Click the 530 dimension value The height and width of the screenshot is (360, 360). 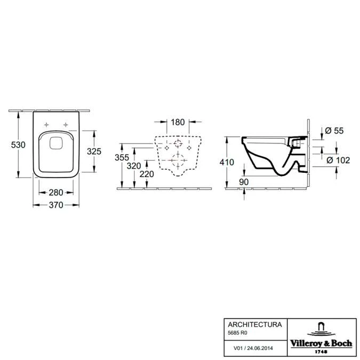pos(18,145)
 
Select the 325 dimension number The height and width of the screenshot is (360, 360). pos(94,151)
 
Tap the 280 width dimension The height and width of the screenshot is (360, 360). pos(56,193)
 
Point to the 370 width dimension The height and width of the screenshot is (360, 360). pos(56,205)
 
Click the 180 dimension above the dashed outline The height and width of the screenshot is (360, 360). pos(178,122)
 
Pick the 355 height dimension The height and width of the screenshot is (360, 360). pos(122,157)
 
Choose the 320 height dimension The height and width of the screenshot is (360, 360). pos(134,166)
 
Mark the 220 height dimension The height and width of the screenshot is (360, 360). pos(147,174)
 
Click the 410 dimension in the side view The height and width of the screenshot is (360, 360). pos(227,162)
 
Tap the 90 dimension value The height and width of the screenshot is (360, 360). pos(244,182)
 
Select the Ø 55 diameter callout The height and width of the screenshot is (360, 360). pos(334,131)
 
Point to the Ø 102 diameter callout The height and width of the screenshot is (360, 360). pos(338,160)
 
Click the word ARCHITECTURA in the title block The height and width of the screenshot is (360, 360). pos(255,324)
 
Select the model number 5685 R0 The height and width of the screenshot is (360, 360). pos(237,333)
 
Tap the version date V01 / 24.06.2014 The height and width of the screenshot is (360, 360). pos(253,348)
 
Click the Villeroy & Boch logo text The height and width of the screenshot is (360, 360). pos(321,343)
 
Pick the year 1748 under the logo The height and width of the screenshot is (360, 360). pos(321,352)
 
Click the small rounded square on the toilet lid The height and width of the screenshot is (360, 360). pos(56,142)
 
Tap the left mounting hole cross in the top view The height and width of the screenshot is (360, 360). pos(46,125)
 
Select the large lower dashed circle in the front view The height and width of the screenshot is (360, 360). pos(178,160)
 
